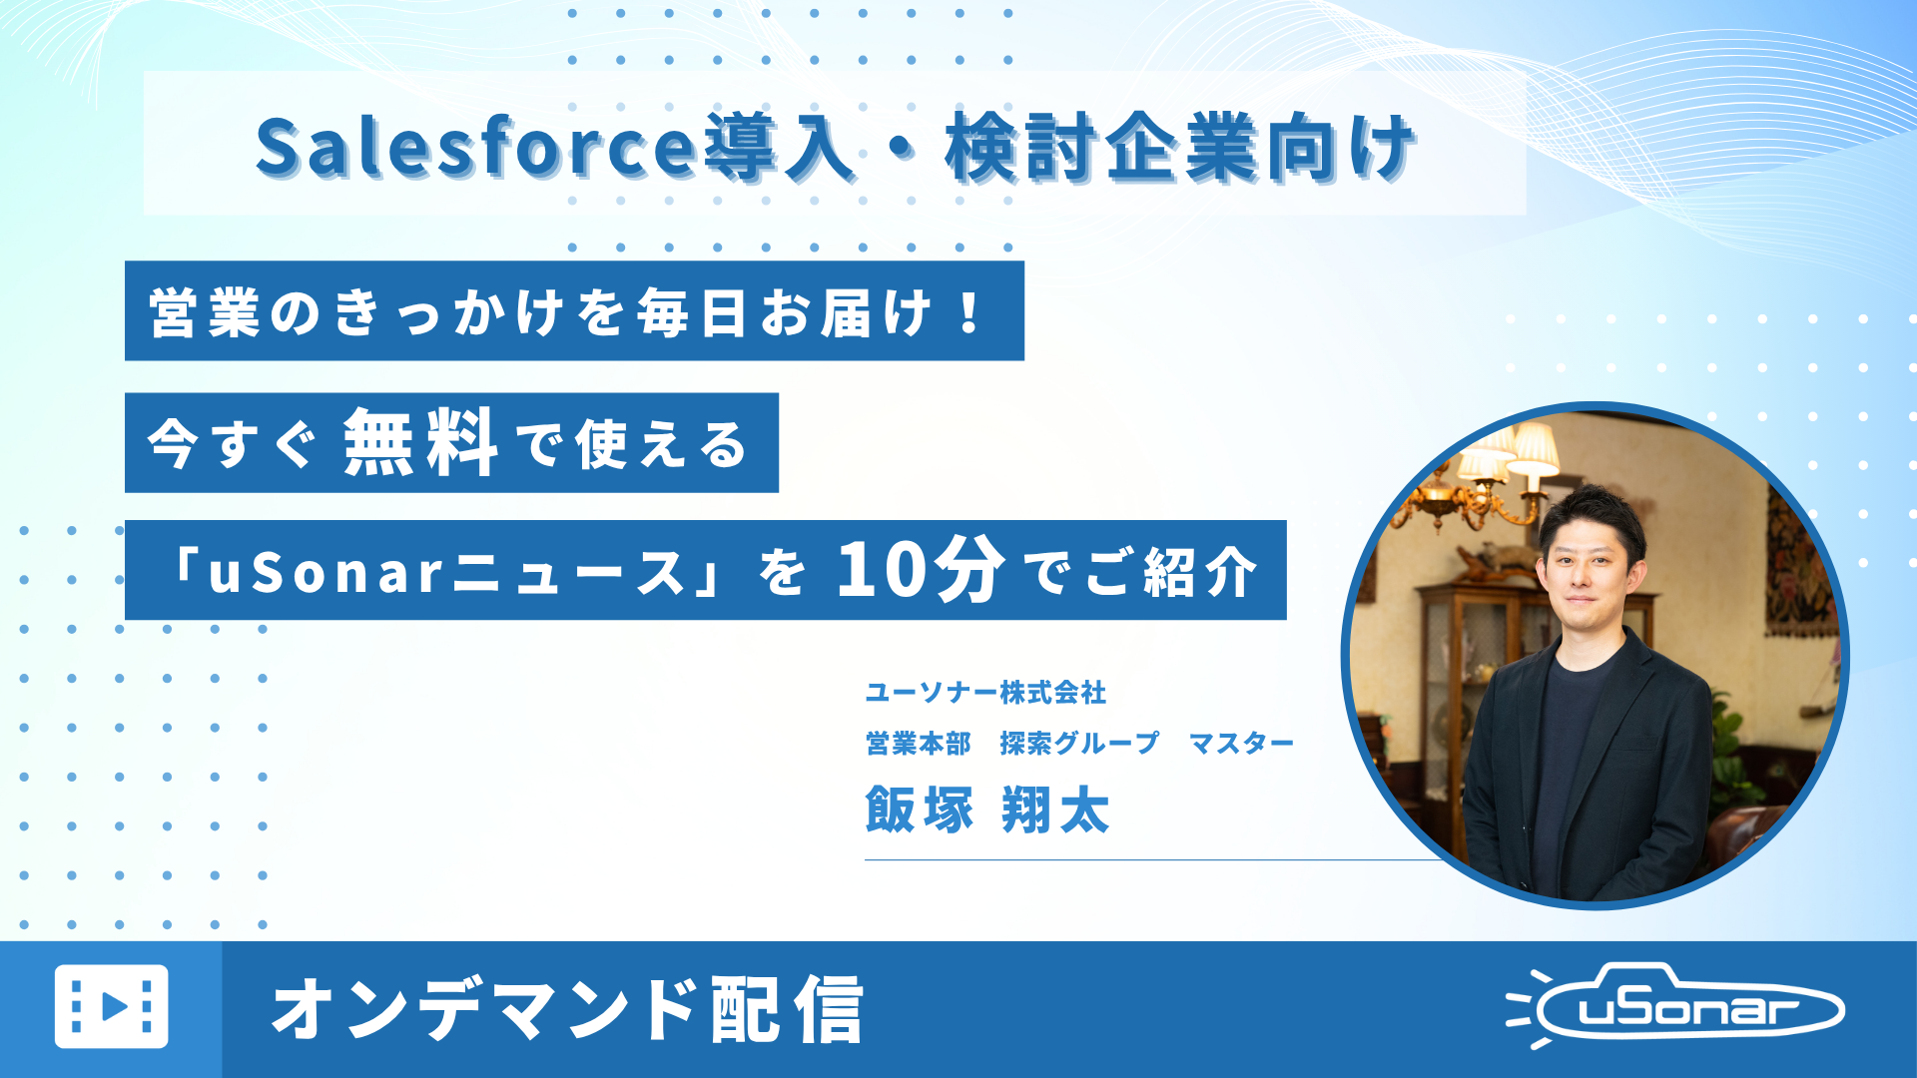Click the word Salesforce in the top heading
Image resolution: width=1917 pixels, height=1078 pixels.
coord(474,148)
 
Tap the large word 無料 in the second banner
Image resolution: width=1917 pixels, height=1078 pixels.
coord(420,443)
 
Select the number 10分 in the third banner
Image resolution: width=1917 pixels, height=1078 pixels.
coord(921,570)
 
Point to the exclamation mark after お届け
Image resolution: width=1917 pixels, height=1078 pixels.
coord(968,312)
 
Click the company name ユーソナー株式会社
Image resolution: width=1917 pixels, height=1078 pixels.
coord(985,692)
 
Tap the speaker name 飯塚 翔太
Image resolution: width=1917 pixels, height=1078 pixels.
coord(987,809)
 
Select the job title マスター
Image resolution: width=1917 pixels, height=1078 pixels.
coord(1241,744)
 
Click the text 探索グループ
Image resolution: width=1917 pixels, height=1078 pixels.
coord(1079,744)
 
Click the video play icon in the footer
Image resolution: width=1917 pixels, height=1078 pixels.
coord(111,1006)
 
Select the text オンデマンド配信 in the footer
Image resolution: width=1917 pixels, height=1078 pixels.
coord(567,1009)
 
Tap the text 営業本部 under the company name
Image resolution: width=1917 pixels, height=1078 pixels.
coord(919,744)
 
